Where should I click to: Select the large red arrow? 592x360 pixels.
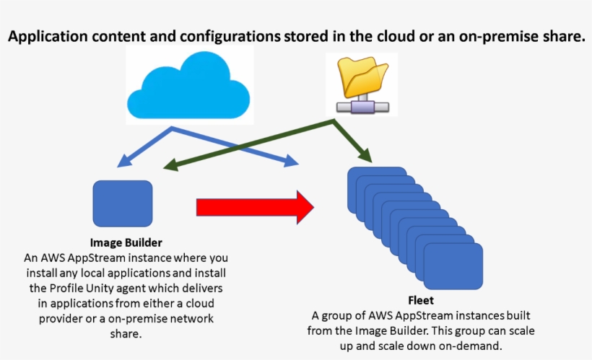(255, 207)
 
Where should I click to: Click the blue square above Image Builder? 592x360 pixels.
(123, 203)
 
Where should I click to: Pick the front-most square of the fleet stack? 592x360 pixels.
(453, 268)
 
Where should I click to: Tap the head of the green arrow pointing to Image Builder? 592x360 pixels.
(171, 167)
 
